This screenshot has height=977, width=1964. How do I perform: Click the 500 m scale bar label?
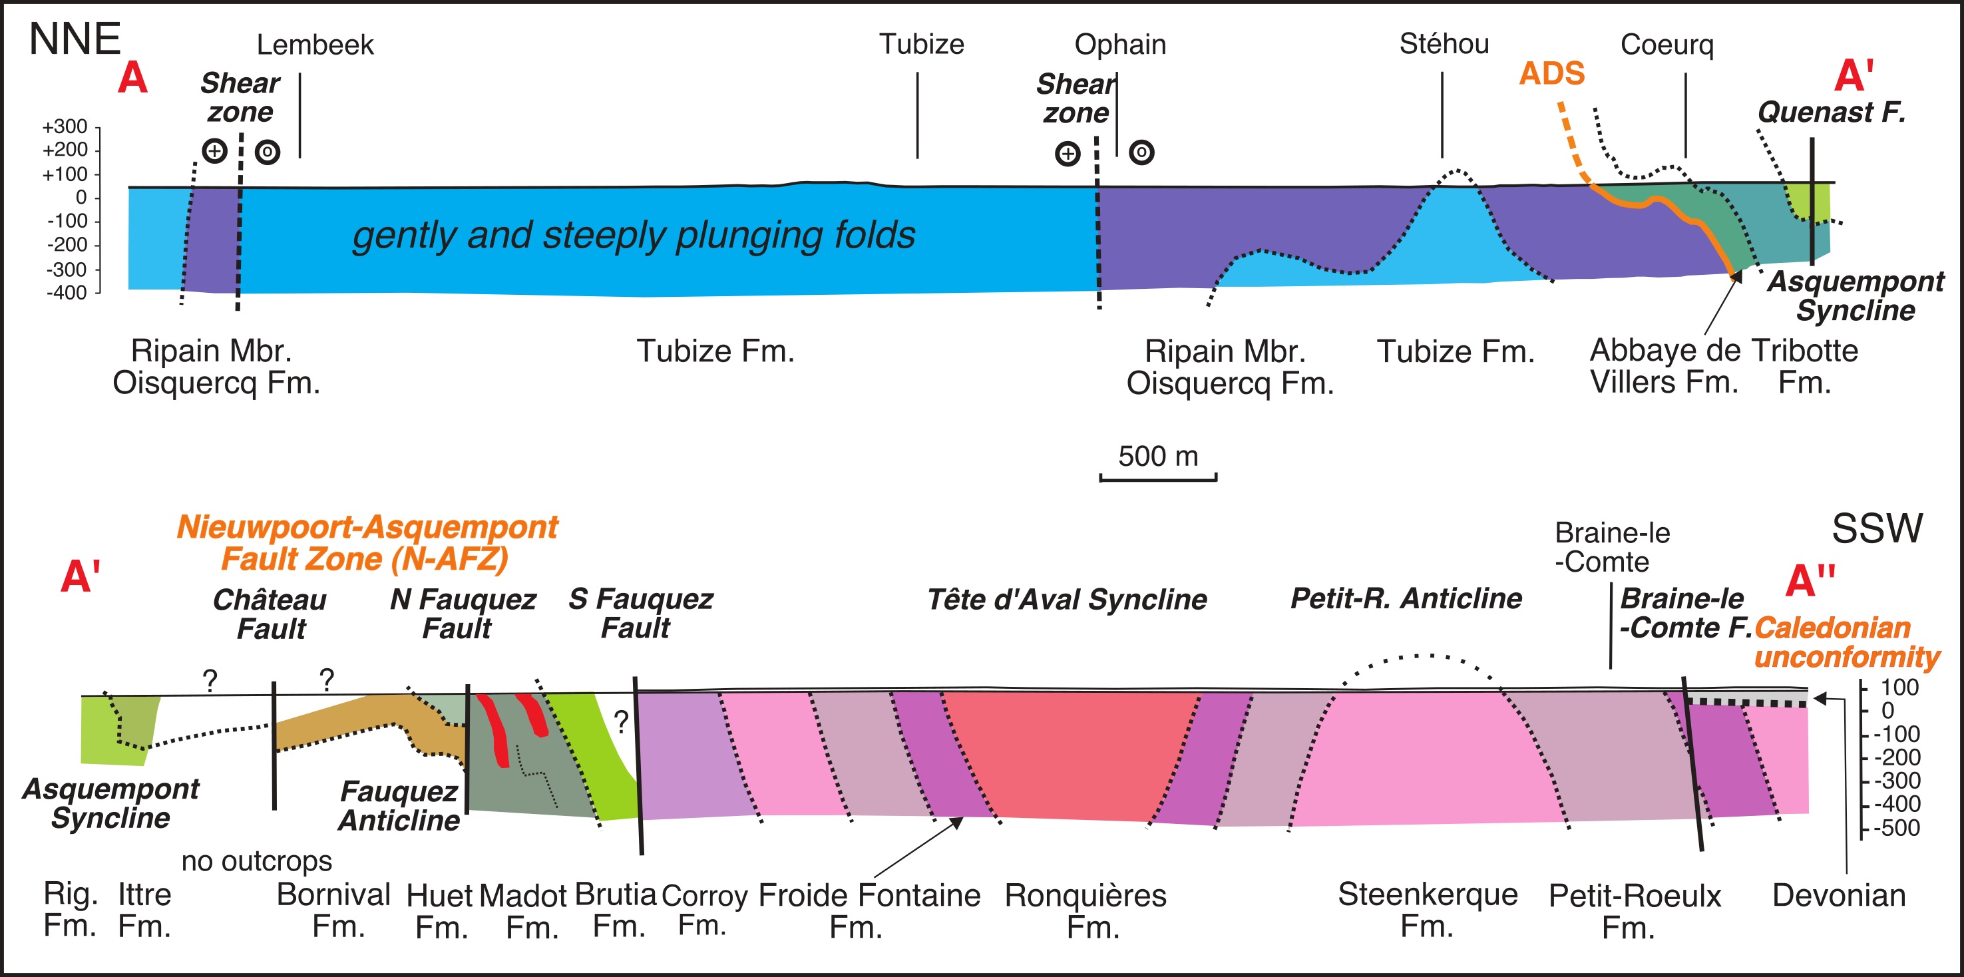pos(1158,456)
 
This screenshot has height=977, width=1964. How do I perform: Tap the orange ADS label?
pos(1552,74)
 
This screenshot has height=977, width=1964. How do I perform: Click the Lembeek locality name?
pos(315,45)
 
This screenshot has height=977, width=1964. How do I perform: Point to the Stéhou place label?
pos(1444,43)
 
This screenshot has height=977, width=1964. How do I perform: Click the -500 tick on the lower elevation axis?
pos(1897,827)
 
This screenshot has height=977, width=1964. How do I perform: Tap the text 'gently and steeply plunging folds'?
pos(634,236)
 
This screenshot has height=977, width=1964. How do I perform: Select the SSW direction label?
pos(1877,528)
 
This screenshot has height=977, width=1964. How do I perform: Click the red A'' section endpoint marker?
pos(1810,580)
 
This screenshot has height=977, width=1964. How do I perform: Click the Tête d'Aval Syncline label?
pos(1067,600)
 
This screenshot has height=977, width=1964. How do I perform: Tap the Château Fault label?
pos(270,614)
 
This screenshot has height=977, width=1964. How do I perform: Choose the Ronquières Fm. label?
pos(1085,910)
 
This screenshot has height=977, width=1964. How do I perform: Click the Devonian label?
pos(1839,895)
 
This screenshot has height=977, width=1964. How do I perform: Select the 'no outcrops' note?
pos(256,861)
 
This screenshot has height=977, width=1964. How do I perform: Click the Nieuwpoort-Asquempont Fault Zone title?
pos(367,543)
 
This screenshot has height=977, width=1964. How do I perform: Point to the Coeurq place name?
pos(1667,45)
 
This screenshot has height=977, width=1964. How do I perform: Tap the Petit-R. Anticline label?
pos(1406,599)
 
